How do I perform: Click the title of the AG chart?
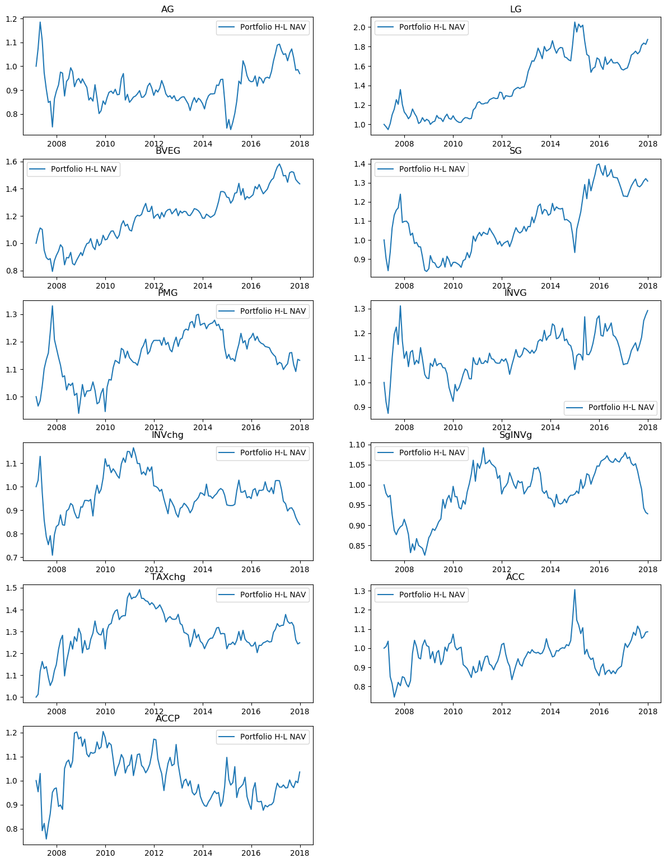pyautogui.click(x=167, y=9)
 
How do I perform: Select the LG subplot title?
pyautogui.click(x=516, y=9)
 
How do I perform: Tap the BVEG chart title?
pyautogui.click(x=167, y=150)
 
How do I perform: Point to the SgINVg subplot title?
pyautogui.click(x=516, y=435)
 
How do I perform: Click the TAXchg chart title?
pyautogui.click(x=167, y=577)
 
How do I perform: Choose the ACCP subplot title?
pyautogui.click(x=167, y=718)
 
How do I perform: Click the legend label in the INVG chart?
pyautogui.click(x=621, y=407)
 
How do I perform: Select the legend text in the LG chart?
pyautogui.click(x=432, y=27)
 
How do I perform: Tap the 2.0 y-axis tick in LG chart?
pyautogui.click(x=359, y=27)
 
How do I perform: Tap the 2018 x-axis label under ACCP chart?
pyautogui.click(x=300, y=853)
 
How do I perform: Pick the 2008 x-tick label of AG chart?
pyautogui.click(x=57, y=144)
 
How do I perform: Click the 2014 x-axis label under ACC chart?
pyautogui.click(x=550, y=711)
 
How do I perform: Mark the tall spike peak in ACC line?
pyautogui.click(x=574, y=590)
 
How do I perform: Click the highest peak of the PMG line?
pyautogui.click(x=53, y=305)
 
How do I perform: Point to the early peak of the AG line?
pyautogui.click(x=40, y=22)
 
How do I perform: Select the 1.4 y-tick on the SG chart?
pyautogui.click(x=359, y=164)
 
